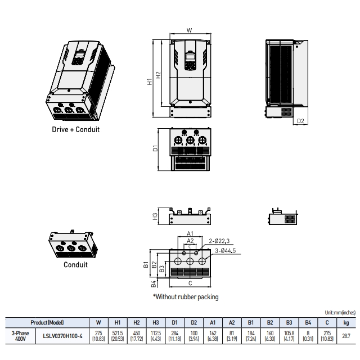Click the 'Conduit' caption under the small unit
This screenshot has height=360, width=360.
coord(75,265)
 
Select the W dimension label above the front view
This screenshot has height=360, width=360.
coord(189,30)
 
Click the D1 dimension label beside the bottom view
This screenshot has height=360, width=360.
coord(155,149)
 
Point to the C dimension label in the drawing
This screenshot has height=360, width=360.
coord(190,283)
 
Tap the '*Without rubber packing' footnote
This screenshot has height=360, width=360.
coord(186,296)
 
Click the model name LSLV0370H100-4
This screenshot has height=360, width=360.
coord(62,336)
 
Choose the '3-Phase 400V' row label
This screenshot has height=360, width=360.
coord(20,336)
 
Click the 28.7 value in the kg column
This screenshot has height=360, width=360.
coord(346,336)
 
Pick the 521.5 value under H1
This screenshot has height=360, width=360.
coord(118,334)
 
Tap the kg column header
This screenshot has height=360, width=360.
coord(346,323)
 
